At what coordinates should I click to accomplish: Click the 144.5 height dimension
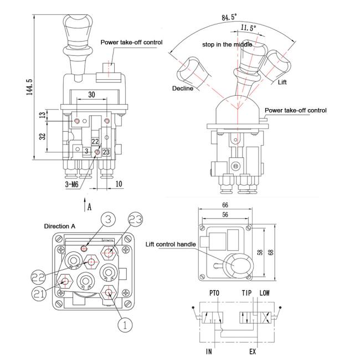click(30, 88)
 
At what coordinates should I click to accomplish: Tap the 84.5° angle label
click(229, 17)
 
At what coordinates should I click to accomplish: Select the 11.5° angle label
click(248, 28)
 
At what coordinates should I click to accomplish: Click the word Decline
click(183, 89)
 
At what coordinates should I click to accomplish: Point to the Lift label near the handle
click(282, 82)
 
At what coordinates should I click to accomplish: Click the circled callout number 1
click(125, 325)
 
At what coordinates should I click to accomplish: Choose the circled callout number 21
click(39, 294)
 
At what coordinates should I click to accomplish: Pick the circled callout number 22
click(39, 277)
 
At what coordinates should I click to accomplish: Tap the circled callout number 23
click(135, 219)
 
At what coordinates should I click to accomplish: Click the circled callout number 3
click(108, 219)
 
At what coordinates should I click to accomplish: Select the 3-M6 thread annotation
click(72, 184)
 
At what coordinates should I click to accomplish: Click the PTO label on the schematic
click(214, 293)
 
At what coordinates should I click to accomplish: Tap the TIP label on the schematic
click(246, 293)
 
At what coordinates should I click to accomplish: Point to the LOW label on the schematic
click(265, 293)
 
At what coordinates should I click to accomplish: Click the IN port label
click(209, 351)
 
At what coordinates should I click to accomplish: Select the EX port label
click(253, 351)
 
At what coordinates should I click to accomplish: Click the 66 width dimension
click(225, 205)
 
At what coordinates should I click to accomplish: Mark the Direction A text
click(60, 227)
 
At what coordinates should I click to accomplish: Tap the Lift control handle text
click(171, 244)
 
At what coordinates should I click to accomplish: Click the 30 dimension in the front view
click(91, 95)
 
